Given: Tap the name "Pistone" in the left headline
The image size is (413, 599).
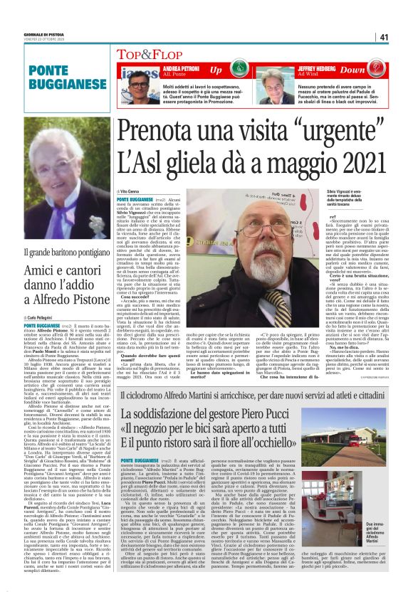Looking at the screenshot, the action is click(85, 299).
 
